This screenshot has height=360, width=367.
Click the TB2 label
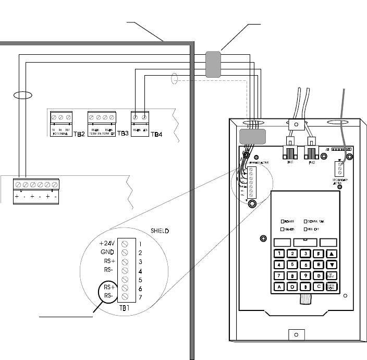(x=79, y=134)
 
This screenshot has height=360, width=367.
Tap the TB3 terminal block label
(x=123, y=134)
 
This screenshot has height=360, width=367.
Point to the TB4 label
(x=156, y=134)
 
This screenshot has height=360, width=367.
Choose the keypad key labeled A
(x=280, y=286)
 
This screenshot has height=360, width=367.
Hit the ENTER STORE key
(x=332, y=286)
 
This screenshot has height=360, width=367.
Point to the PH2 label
(x=311, y=162)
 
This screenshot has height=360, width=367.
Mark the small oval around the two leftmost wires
(x=22, y=95)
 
